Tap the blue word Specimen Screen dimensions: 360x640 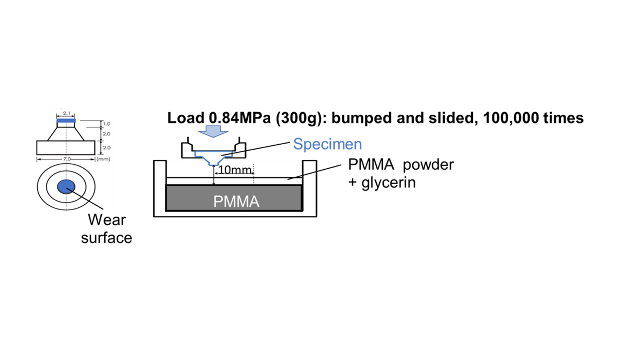pyautogui.click(x=327, y=144)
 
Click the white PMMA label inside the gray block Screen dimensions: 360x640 pyautogui.click(x=236, y=201)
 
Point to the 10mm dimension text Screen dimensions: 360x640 pyautogui.click(x=235, y=170)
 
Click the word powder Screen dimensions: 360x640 pyautogui.click(x=429, y=165)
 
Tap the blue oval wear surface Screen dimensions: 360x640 pyautogui.click(x=66, y=186)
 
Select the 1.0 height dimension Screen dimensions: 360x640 pyautogui.click(x=106, y=123)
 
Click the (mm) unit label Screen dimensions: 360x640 pyautogui.click(x=103, y=159)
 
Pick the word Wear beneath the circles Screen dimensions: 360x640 pyautogui.click(x=107, y=220)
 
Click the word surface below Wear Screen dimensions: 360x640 pyautogui.click(x=107, y=237)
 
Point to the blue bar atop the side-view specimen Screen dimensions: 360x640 pyautogui.click(x=66, y=121)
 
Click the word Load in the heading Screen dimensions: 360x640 pyautogui.click(x=184, y=118)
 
